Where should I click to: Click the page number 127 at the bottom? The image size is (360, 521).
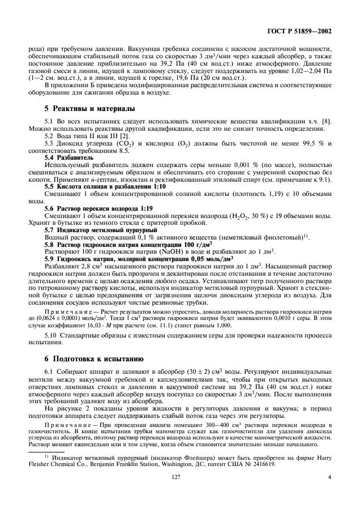(x=180, y=493)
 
